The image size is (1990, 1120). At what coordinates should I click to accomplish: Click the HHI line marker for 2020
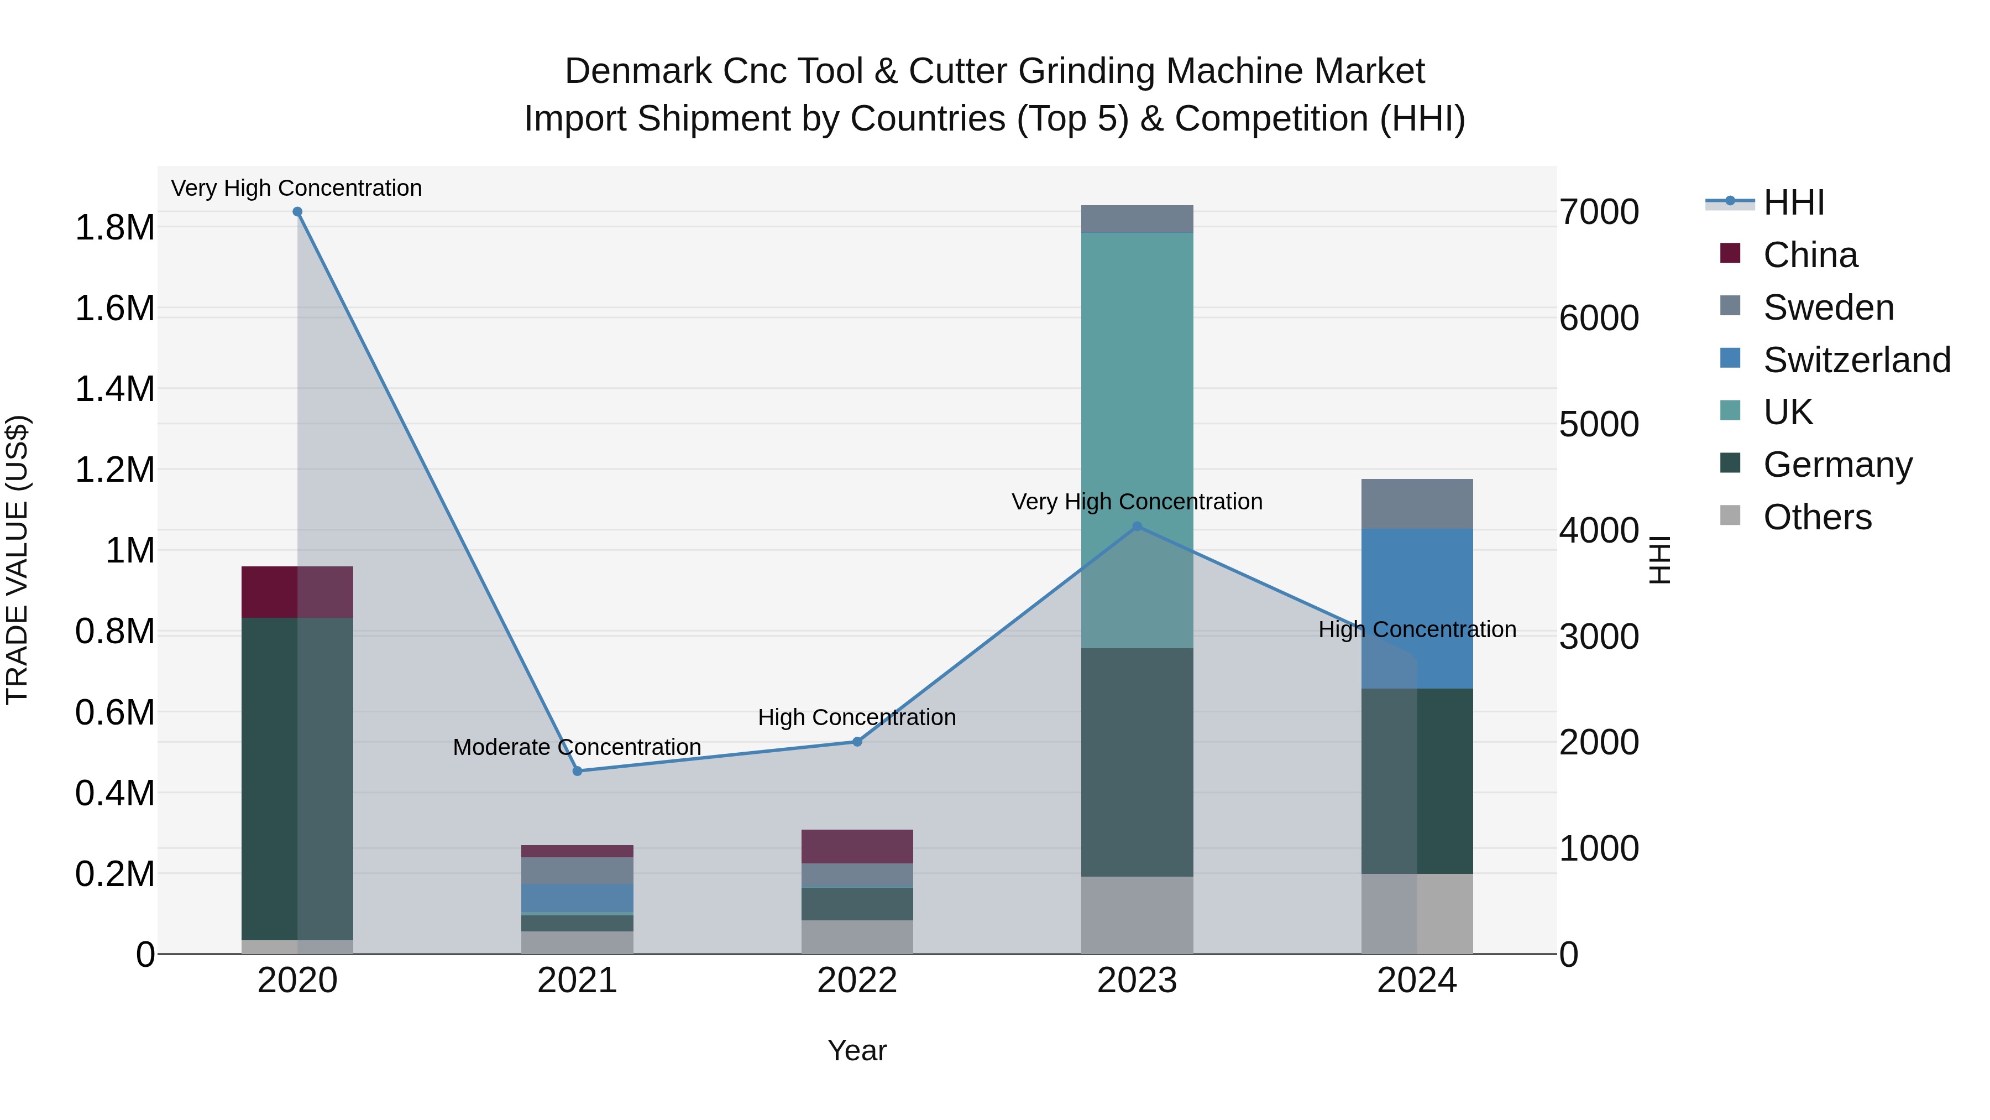(x=297, y=212)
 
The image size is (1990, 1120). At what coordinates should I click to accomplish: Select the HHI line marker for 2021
(x=577, y=770)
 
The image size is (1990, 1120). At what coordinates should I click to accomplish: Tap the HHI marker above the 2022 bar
(x=857, y=741)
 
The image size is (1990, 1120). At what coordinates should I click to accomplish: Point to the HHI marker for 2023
(x=1137, y=527)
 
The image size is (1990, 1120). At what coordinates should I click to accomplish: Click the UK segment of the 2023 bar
(x=1137, y=433)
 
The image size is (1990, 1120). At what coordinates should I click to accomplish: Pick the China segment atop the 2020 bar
(x=297, y=591)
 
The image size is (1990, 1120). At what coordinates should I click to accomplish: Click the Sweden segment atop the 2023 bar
(x=1137, y=218)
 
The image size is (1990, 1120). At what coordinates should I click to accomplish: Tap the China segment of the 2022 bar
(x=857, y=846)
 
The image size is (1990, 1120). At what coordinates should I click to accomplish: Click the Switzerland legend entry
(x=1856, y=360)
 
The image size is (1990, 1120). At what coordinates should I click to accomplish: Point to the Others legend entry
(x=1817, y=517)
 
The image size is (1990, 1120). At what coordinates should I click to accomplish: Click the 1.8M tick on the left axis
(x=114, y=228)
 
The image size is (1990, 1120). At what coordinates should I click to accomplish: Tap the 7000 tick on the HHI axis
(x=1598, y=212)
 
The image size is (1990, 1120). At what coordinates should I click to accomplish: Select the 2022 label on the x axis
(x=857, y=981)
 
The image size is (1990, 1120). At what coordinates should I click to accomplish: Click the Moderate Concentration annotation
(x=577, y=747)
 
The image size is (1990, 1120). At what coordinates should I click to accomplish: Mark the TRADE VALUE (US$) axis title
(x=17, y=560)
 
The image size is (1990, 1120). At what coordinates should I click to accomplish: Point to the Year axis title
(x=857, y=1050)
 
